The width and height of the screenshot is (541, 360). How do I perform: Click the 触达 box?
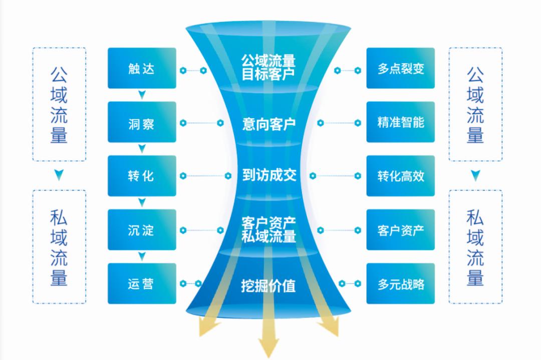click(x=142, y=68)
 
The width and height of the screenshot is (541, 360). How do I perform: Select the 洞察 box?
click(x=142, y=122)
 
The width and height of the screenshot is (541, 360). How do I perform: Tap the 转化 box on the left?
click(x=142, y=176)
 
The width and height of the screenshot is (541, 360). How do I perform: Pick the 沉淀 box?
click(x=142, y=230)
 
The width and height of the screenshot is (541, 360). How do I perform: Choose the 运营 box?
click(x=142, y=283)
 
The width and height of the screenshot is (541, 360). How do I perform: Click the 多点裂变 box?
click(x=400, y=68)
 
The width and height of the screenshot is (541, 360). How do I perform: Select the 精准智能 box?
click(x=400, y=122)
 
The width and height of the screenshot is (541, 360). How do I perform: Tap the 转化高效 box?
click(x=400, y=176)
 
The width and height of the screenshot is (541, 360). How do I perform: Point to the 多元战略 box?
click(x=400, y=283)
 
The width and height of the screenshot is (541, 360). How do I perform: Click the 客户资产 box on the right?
click(x=400, y=230)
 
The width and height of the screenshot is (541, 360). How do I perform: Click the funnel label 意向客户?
click(x=268, y=124)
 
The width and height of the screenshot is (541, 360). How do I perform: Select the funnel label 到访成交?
click(x=268, y=175)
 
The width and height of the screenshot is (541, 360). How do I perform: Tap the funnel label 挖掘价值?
click(x=268, y=286)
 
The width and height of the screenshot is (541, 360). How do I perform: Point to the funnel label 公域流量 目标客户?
click(x=268, y=68)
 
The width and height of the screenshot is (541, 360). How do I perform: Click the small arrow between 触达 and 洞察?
click(x=142, y=95)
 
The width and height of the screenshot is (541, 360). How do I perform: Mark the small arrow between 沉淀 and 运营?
click(x=142, y=256)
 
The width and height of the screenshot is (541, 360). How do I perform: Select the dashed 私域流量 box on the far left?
click(x=59, y=246)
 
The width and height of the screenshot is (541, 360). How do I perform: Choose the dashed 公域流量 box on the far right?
click(x=475, y=104)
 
